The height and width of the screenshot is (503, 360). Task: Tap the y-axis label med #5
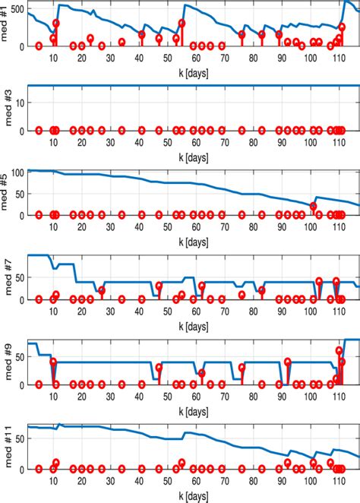point(5,195)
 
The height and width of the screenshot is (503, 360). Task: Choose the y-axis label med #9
point(5,363)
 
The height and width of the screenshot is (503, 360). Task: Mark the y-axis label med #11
point(5,448)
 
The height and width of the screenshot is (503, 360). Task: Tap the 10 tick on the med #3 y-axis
point(19,103)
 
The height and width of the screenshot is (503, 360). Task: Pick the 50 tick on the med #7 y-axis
point(19,278)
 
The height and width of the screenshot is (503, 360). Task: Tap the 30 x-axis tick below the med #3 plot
point(110,142)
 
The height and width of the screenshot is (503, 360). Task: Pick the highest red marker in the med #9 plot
point(339,350)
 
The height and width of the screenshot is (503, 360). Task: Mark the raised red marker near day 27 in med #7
point(102,289)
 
